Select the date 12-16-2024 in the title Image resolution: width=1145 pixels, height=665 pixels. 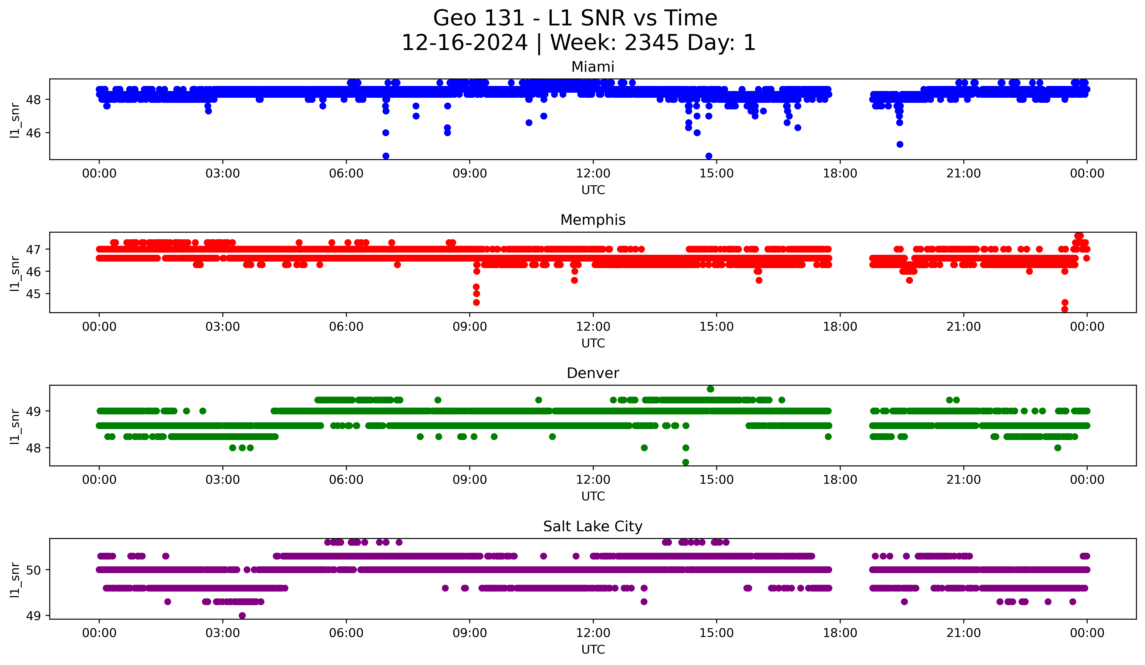click(464, 43)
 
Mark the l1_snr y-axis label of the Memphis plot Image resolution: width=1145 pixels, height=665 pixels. click(15, 273)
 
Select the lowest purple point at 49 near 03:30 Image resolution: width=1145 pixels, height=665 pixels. click(242, 615)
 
